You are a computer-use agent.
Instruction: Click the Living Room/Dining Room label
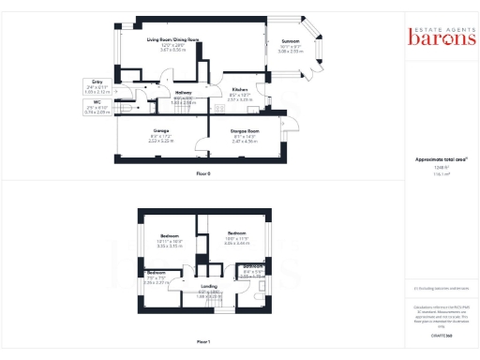click(x=172, y=40)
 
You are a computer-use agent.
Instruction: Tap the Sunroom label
click(x=291, y=41)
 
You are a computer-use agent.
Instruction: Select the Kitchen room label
click(x=240, y=89)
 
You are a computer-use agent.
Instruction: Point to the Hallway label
click(x=184, y=93)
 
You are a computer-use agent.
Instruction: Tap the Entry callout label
click(x=97, y=82)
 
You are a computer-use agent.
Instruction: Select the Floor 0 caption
click(x=202, y=174)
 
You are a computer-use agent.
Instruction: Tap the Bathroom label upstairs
click(x=254, y=265)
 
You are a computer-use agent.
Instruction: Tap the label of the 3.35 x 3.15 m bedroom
click(x=170, y=235)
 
